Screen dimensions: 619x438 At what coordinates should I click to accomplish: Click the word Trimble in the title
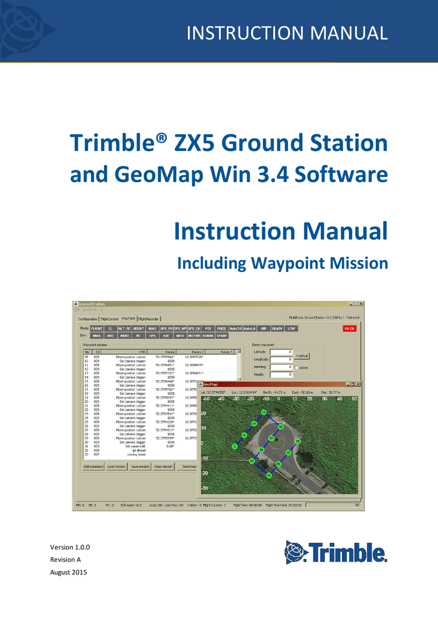point(114,144)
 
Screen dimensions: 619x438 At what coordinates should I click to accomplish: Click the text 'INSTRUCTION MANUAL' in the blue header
point(287,33)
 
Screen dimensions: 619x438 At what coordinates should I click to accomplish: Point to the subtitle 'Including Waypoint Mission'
point(282,264)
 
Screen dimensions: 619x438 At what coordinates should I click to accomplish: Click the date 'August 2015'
point(68,572)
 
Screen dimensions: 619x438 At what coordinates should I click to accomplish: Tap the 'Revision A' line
point(66,560)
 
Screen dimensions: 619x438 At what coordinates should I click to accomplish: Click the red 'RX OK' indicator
point(350,328)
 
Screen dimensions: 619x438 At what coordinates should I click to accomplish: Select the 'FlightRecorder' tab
point(149,318)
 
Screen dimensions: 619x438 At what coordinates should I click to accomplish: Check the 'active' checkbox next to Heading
point(296,368)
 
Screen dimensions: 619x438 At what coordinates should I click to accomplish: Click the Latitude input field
point(281,351)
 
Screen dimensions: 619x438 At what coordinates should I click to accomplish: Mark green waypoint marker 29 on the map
point(297,442)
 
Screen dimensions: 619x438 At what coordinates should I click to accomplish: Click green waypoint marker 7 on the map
point(234,446)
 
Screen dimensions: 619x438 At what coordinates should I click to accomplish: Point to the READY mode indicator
point(277,328)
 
